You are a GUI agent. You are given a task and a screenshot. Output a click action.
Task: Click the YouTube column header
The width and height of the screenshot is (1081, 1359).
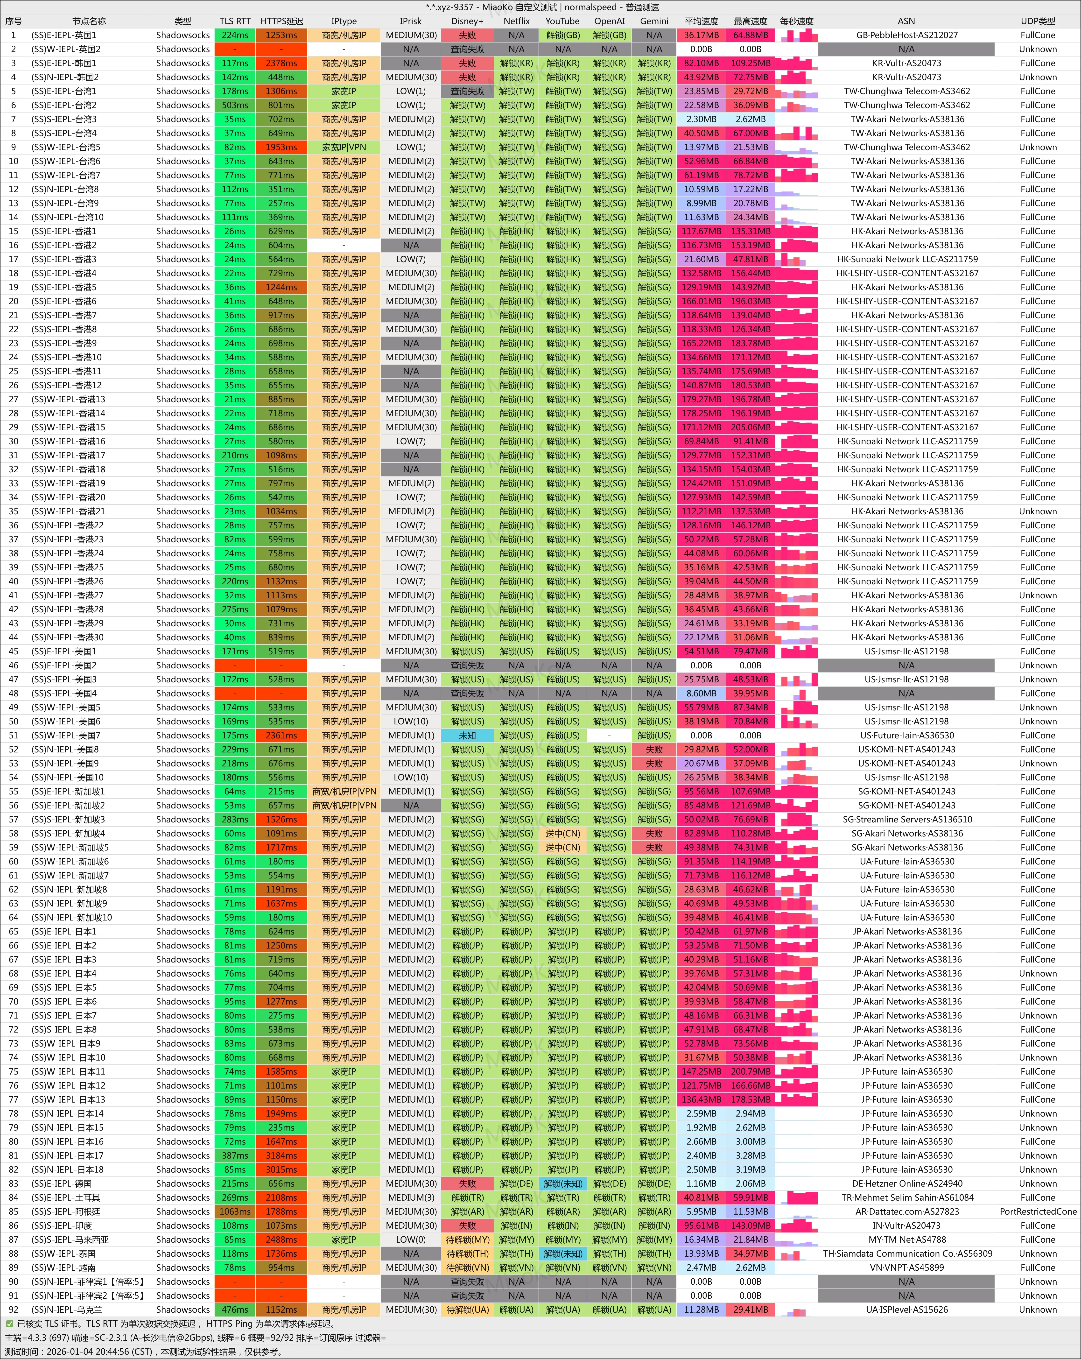[562, 21]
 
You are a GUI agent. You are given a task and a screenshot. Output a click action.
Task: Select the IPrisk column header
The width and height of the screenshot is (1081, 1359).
[410, 21]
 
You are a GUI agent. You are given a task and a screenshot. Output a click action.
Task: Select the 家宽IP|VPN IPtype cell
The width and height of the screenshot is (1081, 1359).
[344, 147]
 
